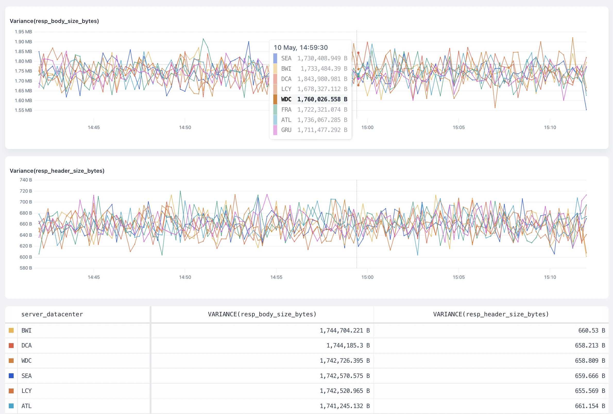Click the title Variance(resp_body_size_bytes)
pyautogui.click(x=54, y=21)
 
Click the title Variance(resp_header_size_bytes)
pyautogui.click(x=57, y=171)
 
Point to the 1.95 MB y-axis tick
pyautogui.click(x=23, y=32)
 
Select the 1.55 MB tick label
pyautogui.click(x=23, y=110)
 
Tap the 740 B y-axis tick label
pyautogui.click(x=25, y=180)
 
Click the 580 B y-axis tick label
pyautogui.click(x=25, y=268)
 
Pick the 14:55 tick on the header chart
pyautogui.click(x=276, y=277)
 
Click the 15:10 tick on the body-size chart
pyautogui.click(x=550, y=128)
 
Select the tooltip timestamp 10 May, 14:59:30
pyautogui.click(x=301, y=47)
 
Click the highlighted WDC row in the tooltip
pyautogui.click(x=310, y=99)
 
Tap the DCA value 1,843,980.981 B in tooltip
pyautogui.click(x=322, y=79)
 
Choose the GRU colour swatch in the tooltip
pyautogui.click(x=275, y=130)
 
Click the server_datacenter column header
pyautogui.click(x=52, y=314)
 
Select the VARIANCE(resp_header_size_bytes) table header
pyautogui.click(x=491, y=314)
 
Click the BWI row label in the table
pyautogui.click(x=26, y=330)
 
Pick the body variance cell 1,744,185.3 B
pyautogui.click(x=348, y=346)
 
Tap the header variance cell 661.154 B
pyautogui.click(x=590, y=406)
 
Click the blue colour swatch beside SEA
pyautogui.click(x=11, y=376)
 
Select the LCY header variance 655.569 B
pyautogui.click(x=590, y=391)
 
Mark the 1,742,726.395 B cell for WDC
pyautogui.click(x=344, y=361)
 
